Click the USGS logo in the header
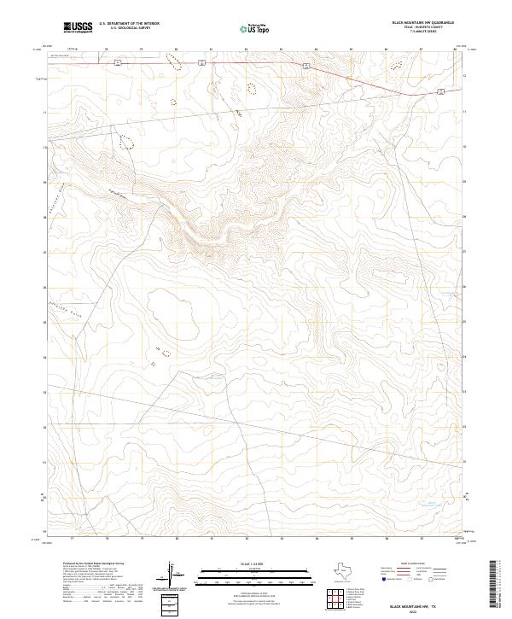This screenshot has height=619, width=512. click(77, 27)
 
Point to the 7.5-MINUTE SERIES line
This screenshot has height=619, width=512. click(422, 33)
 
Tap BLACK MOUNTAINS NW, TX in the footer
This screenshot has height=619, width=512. click(418, 604)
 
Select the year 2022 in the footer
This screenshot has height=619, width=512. click(418, 610)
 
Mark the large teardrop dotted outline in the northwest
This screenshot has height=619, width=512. click(126, 143)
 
